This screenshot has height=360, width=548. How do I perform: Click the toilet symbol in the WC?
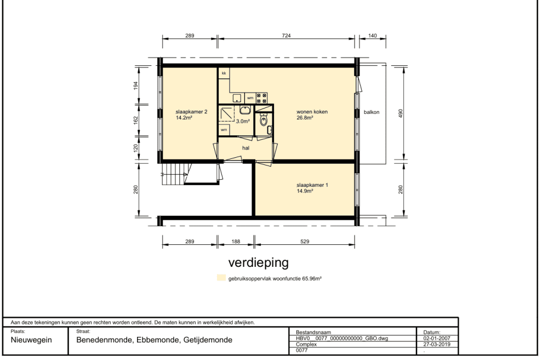[264, 120]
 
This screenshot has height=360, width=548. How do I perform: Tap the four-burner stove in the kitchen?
[262, 98]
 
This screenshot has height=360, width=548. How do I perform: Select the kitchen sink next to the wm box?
[237, 98]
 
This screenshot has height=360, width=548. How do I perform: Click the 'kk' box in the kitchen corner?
[224, 73]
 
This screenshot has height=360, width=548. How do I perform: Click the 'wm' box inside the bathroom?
[224, 130]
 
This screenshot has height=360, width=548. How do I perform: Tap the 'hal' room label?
[246, 148]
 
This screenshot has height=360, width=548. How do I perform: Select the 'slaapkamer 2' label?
[191, 112]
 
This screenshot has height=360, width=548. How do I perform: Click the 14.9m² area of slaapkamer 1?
[305, 191]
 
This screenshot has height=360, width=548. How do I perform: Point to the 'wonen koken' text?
[312, 112]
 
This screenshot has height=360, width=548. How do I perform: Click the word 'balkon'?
[372, 112]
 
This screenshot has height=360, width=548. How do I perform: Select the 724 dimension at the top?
[286, 35]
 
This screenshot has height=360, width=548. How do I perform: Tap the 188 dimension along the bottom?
[236, 241]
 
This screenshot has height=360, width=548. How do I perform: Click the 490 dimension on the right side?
[401, 113]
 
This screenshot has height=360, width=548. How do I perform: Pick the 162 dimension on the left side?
[136, 120]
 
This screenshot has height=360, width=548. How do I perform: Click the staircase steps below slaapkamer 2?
[173, 175]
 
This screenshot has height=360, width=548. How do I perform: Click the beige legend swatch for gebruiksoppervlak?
[221, 278]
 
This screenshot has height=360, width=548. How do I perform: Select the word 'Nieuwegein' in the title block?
[31, 340]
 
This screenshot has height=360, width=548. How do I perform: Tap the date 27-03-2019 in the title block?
[437, 344]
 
